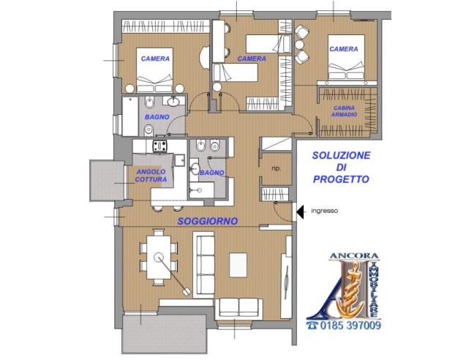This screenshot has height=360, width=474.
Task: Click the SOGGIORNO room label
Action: [x=208, y=221]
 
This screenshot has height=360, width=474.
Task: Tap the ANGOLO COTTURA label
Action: [x=151, y=176]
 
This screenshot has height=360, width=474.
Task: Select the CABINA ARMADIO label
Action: [x=344, y=111]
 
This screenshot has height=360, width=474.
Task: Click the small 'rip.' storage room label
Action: [x=276, y=169]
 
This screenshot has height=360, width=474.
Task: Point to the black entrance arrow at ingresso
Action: [x=300, y=211]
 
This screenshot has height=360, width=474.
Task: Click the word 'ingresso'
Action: [x=324, y=211]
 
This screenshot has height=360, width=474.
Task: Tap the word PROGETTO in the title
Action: [x=341, y=179]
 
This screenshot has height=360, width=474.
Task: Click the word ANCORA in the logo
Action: [x=354, y=256]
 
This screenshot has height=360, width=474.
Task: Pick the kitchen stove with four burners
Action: [x=159, y=146]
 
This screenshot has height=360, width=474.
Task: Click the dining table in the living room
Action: [x=159, y=258]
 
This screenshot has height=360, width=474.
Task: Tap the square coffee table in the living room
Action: [x=238, y=265]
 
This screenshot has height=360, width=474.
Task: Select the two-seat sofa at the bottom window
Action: [x=238, y=309]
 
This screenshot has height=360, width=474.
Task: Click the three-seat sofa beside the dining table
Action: [x=204, y=265]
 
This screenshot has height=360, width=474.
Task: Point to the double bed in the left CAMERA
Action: [x=154, y=70]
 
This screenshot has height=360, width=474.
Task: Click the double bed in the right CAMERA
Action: [x=346, y=57]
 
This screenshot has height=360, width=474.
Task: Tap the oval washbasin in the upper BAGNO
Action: [x=173, y=101]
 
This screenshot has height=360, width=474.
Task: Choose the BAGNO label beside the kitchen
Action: [x=212, y=173]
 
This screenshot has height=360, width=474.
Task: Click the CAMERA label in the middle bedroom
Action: [x=252, y=59]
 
